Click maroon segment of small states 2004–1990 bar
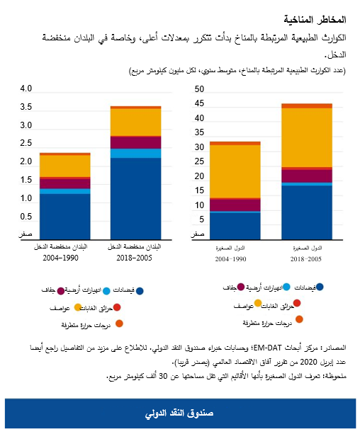click(x=235, y=205)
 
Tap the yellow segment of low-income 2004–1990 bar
click(x=64, y=166)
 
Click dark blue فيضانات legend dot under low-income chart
click(x=140, y=291)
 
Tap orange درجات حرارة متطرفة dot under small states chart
click(x=299, y=319)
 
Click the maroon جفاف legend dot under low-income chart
click(x=61, y=291)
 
